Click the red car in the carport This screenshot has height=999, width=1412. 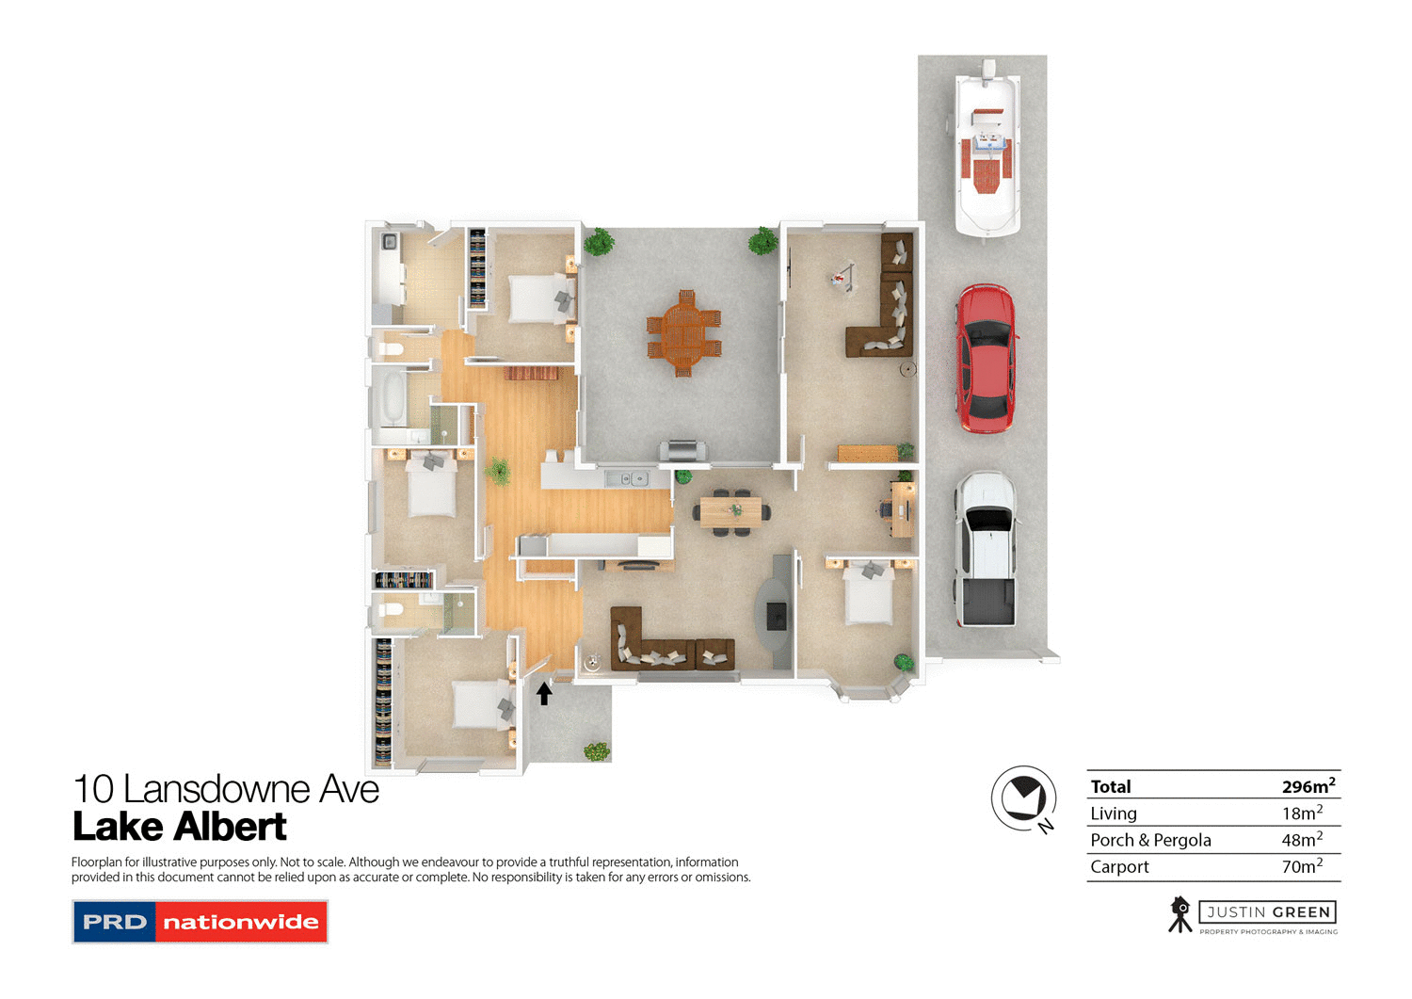[986, 359]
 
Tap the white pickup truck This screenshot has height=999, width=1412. [986, 550]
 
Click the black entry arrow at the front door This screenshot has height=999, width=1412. [544, 694]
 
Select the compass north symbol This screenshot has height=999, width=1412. [1024, 799]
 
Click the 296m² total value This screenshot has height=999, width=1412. [1308, 786]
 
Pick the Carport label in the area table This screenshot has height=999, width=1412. [1119, 867]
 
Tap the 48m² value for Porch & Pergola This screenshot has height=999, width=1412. [1302, 840]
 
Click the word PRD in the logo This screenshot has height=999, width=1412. [115, 923]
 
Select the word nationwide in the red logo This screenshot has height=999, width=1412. [241, 923]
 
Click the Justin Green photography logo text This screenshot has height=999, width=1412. [1268, 912]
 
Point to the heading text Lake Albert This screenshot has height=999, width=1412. [180, 828]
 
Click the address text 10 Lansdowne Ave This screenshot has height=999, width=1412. [226, 789]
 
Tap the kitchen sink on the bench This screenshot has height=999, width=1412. [626, 479]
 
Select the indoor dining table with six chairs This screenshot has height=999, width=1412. [731, 511]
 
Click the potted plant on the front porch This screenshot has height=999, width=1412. [597, 751]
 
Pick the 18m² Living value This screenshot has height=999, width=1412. [1302, 814]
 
